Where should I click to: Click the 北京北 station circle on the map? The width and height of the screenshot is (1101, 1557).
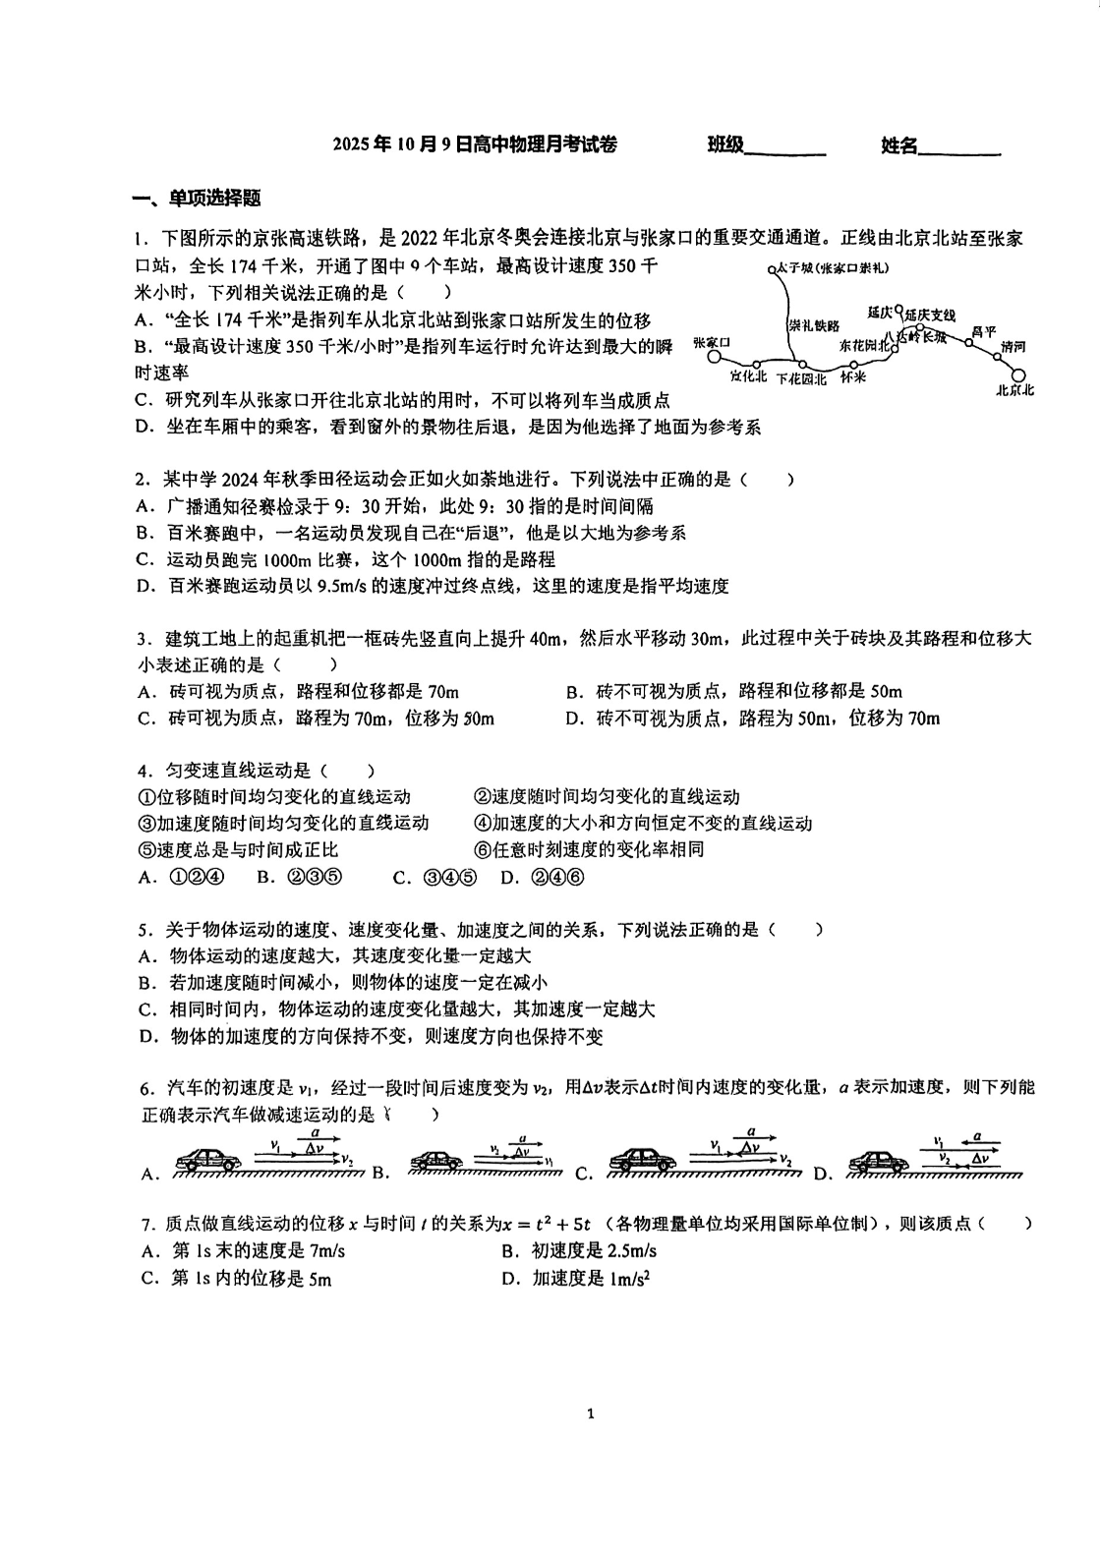(1018, 375)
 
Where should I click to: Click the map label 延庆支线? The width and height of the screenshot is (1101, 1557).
(930, 315)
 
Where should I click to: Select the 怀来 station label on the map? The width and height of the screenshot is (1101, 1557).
(853, 377)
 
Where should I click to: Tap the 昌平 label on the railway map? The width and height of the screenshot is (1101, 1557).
(983, 332)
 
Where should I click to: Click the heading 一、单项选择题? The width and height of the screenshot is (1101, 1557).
(197, 198)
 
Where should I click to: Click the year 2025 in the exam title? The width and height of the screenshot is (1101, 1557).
(350, 145)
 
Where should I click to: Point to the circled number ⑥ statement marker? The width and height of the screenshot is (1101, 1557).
(482, 850)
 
